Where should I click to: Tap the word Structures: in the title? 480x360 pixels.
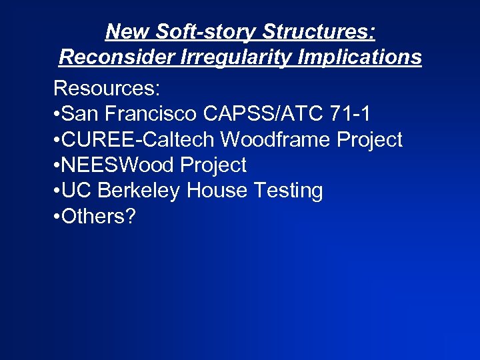319,31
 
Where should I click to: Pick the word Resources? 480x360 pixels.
105,89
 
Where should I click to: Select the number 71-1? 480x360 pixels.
355,114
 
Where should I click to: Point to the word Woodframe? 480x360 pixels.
273,139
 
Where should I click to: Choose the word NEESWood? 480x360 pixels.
116,165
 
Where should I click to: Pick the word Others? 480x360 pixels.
98,216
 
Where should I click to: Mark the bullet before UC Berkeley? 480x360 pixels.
56,191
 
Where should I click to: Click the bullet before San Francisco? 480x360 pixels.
56,115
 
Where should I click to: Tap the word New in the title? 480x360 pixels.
127,31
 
